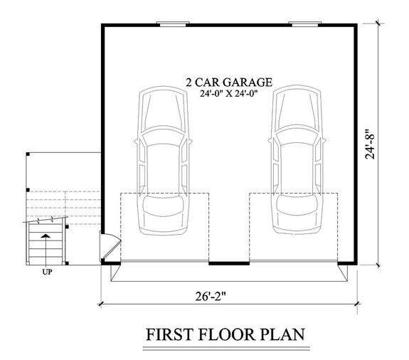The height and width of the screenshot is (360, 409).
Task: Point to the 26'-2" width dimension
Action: [x=227, y=292]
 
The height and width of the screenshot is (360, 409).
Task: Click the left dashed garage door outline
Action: [x=165, y=226]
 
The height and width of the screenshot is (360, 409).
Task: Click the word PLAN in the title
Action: [x=282, y=334]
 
